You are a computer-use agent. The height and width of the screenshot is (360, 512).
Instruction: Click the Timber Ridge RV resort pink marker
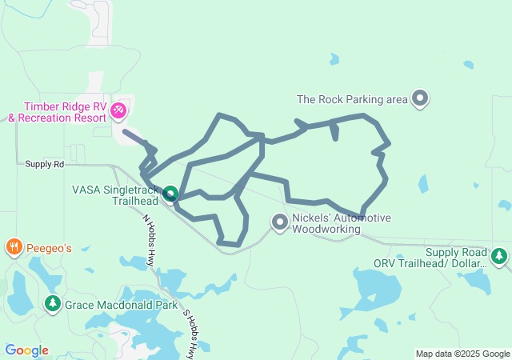[x=118, y=109]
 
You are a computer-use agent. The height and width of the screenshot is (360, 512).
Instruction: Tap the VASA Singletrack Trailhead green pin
[x=170, y=194]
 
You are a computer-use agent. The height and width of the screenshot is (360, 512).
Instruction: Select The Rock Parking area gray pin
[x=420, y=99]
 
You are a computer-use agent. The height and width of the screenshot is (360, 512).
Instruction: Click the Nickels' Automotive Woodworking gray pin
[x=279, y=222]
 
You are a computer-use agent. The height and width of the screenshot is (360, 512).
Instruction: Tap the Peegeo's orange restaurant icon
[x=13, y=247]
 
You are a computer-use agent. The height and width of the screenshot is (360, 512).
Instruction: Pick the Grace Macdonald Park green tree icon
[x=53, y=304]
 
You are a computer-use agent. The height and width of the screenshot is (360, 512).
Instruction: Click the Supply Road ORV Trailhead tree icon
[x=499, y=256]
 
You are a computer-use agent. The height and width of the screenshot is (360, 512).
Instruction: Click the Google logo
[x=26, y=350]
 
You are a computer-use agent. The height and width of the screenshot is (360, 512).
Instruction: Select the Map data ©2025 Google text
[x=462, y=354]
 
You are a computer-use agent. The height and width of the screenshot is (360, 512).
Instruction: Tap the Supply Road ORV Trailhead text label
[x=430, y=257]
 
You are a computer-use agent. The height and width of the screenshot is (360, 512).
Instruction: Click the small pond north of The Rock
[x=334, y=59]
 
